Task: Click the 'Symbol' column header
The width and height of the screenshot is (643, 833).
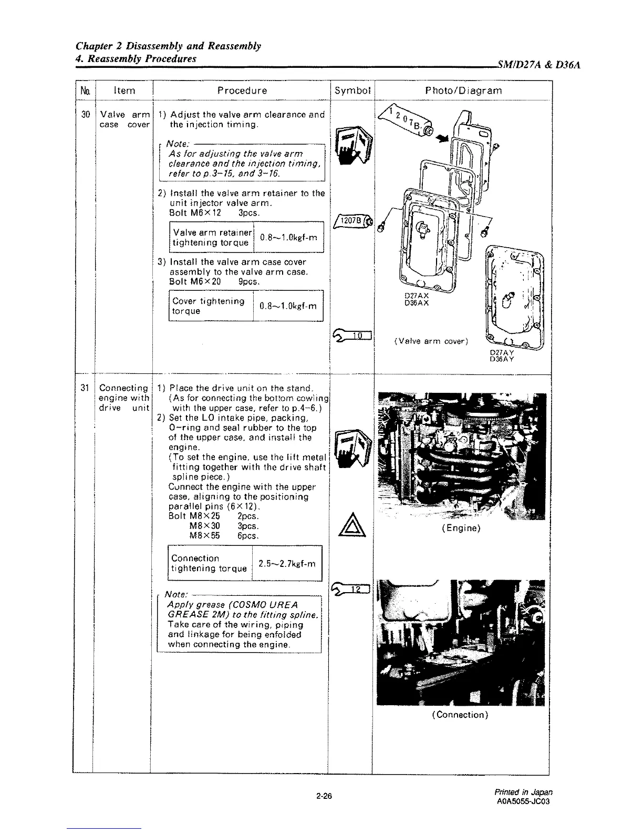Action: [352, 90]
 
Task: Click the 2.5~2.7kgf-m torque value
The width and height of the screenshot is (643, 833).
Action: [287, 564]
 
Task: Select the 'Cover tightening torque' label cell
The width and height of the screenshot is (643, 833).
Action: [209, 306]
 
